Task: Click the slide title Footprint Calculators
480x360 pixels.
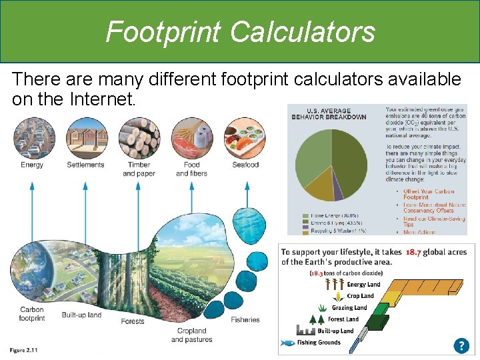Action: [240, 31]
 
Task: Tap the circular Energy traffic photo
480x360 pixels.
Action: [31, 138]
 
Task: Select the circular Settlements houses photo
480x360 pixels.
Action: [85, 138]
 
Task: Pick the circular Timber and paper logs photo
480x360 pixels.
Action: [139, 138]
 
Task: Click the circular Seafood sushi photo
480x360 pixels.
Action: [245, 138]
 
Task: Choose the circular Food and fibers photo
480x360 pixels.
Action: [191, 138]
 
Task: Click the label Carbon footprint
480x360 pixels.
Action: [32, 314]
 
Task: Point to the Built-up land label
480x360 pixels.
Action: [81, 315]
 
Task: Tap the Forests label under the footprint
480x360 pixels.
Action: [133, 321]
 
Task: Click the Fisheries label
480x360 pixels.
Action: [245, 319]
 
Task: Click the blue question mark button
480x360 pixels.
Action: [461, 345]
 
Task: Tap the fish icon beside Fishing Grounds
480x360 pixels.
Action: [287, 343]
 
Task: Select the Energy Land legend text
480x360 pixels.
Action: [363, 285]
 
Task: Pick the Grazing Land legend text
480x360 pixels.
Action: [350, 308]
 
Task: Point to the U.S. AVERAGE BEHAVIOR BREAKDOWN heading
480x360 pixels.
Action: [329, 113]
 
